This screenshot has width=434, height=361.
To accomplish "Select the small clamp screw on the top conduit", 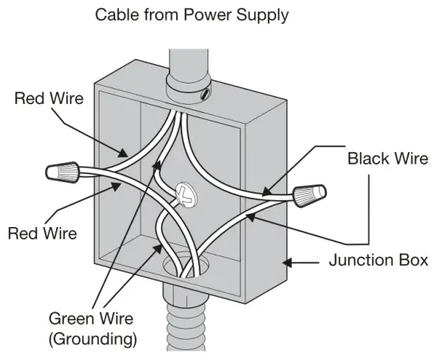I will tap(207, 95).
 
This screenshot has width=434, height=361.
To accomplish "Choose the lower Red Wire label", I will tap(42, 234).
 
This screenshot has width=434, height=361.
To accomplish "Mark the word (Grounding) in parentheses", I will tap(92, 340).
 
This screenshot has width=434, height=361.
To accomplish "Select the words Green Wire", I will tap(92, 319).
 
